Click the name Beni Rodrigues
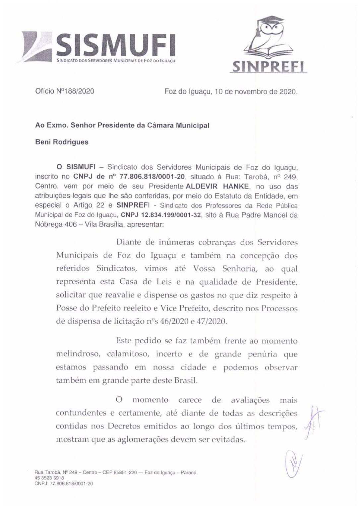[x=62, y=142]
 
